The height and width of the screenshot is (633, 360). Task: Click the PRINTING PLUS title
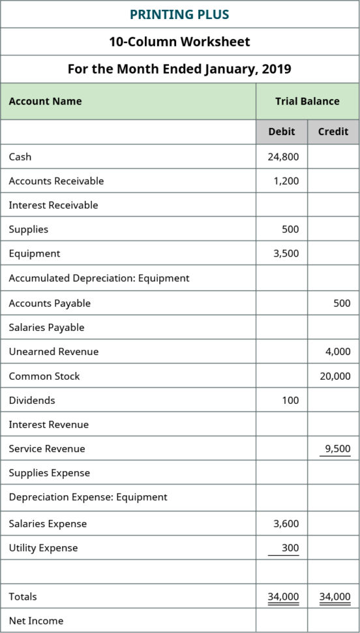pyautogui.click(x=179, y=14)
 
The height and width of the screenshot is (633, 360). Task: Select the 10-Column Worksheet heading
pyautogui.click(x=179, y=42)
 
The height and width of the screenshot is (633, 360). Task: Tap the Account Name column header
pyautogui.click(x=45, y=101)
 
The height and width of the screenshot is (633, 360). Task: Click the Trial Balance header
pyautogui.click(x=307, y=101)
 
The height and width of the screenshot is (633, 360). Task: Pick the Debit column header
pyautogui.click(x=282, y=131)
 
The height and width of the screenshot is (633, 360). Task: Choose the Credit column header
pyautogui.click(x=333, y=131)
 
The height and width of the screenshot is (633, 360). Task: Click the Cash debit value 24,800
pyautogui.click(x=283, y=157)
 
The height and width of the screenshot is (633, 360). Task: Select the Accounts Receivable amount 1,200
pyautogui.click(x=286, y=181)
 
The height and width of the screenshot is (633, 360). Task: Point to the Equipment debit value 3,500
pyautogui.click(x=286, y=253)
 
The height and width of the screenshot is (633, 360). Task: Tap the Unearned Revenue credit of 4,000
pyautogui.click(x=338, y=351)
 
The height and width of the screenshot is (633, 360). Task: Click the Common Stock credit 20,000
pyautogui.click(x=335, y=376)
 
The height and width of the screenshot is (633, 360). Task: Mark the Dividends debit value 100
pyautogui.click(x=290, y=400)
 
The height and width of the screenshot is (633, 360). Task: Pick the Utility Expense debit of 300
pyautogui.click(x=290, y=548)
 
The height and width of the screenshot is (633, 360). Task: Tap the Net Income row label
pyautogui.click(x=36, y=620)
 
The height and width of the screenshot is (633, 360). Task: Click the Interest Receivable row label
pyautogui.click(x=53, y=205)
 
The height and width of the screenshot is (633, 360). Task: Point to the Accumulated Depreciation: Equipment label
pyautogui.click(x=99, y=278)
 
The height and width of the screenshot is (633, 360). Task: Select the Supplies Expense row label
pyautogui.click(x=50, y=472)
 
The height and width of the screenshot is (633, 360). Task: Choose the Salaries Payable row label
pyautogui.click(x=46, y=327)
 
